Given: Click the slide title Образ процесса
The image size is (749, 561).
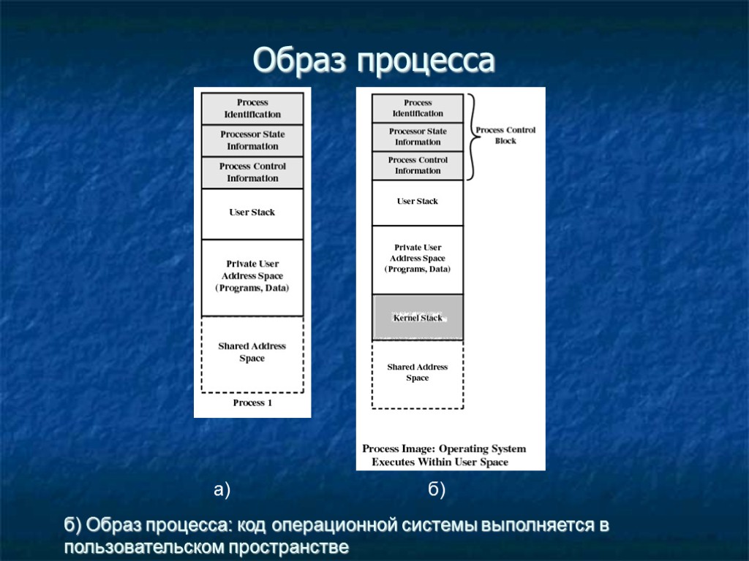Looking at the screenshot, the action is click(374, 61).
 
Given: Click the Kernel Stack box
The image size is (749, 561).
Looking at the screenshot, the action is click(418, 318).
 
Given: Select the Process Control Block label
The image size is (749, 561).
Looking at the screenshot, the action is click(505, 135).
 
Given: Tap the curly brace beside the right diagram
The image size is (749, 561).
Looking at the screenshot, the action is click(471, 137).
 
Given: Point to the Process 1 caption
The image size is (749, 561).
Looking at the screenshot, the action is click(252, 402).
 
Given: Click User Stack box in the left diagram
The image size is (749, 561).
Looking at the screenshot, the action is click(252, 213).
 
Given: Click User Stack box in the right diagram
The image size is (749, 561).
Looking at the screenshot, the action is click(418, 202).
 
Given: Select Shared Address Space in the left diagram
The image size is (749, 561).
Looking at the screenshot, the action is click(252, 353).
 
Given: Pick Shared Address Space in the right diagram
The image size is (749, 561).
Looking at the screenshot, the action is click(418, 373).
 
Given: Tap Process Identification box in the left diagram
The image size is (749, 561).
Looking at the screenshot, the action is click(252, 108).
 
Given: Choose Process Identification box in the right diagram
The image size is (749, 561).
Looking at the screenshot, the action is click(418, 108).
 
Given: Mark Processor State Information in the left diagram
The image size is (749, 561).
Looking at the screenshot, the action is click(252, 140).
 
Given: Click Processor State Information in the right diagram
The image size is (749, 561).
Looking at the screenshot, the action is click(418, 137).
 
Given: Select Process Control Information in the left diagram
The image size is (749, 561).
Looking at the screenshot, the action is click(252, 172).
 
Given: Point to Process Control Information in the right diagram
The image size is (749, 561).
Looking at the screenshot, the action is click(418, 165).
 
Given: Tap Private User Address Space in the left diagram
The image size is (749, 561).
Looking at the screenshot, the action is click(252, 276).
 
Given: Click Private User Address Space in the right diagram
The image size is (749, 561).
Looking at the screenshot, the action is click(418, 259).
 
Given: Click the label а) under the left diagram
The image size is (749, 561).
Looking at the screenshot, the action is click(222, 490).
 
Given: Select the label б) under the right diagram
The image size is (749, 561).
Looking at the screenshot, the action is click(437, 490).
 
